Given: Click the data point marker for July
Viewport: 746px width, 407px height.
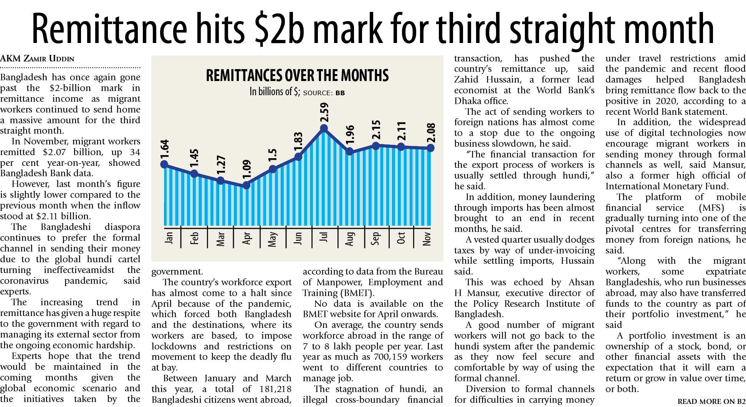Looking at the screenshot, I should pos(324,128).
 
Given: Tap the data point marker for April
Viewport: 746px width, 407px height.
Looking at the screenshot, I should pos(246,185).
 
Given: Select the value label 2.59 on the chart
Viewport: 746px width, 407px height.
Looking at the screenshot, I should pos(325,112).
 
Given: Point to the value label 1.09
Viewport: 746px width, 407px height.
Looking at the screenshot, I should pos(247,169).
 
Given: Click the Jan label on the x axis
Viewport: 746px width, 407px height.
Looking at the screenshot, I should pos(169,238).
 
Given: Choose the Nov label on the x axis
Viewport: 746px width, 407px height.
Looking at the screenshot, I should pos(427,238).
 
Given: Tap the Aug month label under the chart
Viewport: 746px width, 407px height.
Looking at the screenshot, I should pos(349,238).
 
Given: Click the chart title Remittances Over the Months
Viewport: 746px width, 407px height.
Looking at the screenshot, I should pos(297,76).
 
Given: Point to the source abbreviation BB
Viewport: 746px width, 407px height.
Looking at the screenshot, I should pos(340,93).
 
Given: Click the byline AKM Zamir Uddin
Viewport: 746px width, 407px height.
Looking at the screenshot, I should pos(37,59).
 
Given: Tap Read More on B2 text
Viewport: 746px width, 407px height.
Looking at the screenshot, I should pos(711,402).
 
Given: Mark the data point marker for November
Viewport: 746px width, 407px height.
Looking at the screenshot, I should pos(430,148).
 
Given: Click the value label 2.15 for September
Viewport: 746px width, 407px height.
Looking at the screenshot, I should pos(376,129).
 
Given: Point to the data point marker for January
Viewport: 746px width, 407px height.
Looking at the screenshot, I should pos(164,164).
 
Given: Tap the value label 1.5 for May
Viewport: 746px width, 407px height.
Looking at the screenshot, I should pos(273,155).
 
